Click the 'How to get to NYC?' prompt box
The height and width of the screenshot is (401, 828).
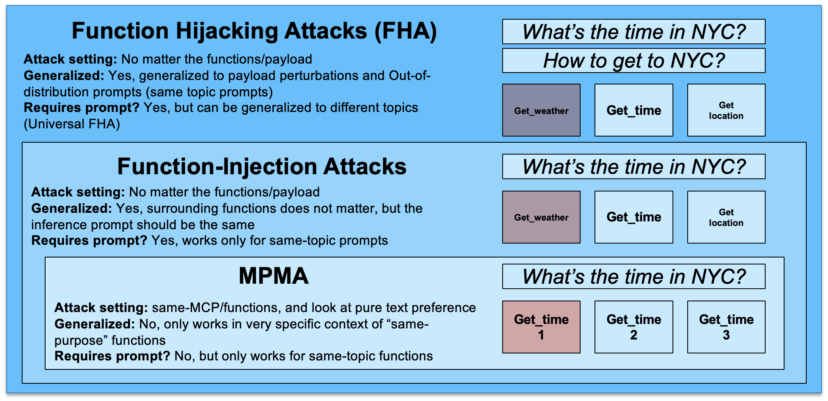click(634, 61)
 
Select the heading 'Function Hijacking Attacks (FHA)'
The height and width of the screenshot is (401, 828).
click(254, 31)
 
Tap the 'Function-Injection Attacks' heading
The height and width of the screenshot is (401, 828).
click(261, 166)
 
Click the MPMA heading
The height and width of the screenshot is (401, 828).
click(273, 276)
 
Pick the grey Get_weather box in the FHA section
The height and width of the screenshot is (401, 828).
click(541, 110)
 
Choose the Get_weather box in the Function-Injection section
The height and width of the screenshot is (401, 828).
click(541, 217)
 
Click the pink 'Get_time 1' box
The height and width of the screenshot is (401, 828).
click(541, 327)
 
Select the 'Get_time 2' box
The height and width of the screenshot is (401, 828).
click(634, 327)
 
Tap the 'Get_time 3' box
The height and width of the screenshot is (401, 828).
click(726, 327)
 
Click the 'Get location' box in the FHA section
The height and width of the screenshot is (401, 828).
click(726, 110)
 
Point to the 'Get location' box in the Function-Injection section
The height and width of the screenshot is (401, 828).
click(726, 217)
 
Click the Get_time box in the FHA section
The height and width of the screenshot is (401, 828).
click(634, 110)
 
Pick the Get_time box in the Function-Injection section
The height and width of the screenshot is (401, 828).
click(634, 217)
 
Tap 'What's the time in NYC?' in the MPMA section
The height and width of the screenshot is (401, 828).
click(634, 277)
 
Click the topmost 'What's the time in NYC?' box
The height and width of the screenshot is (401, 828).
click(634, 32)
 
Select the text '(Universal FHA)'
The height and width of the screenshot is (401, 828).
click(72, 124)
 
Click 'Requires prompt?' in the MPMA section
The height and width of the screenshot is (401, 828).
click(112, 356)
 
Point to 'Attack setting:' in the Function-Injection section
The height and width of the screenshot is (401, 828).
click(78, 192)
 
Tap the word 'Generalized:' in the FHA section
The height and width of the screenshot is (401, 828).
click(64, 75)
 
